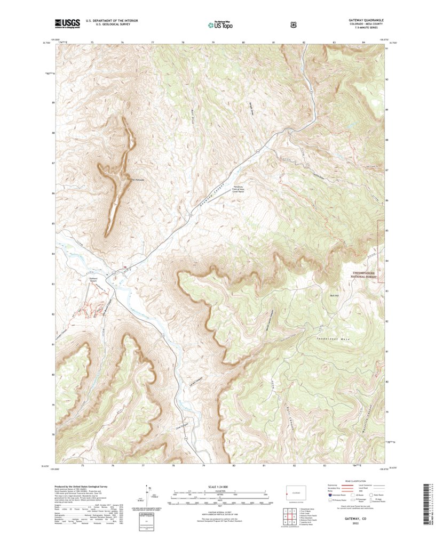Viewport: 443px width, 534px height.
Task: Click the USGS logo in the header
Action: (x=67, y=23)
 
